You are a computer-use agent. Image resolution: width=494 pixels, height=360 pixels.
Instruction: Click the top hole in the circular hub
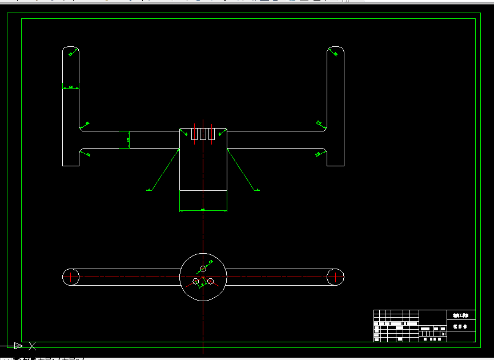[x=203, y=268]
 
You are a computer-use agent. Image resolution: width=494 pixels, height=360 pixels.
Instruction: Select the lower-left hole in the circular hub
[x=196, y=281]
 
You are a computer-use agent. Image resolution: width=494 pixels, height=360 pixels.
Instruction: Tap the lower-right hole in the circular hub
[x=211, y=281]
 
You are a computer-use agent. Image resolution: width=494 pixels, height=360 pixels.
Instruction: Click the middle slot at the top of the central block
[x=203, y=134]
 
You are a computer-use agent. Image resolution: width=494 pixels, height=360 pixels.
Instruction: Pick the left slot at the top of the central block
[x=194, y=134]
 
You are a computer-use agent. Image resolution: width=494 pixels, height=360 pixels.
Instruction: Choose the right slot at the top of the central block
[x=211, y=134]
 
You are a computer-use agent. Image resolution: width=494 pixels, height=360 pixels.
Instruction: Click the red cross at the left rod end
[x=71, y=277]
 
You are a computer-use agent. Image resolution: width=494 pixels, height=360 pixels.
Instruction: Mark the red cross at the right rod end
[x=335, y=277]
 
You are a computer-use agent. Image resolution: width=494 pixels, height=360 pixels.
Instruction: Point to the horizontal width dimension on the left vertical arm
[x=71, y=87]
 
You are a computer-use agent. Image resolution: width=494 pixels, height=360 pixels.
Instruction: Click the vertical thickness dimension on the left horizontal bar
[x=129, y=139]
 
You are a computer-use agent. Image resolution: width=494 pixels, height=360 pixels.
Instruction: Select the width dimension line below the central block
[x=203, y=210]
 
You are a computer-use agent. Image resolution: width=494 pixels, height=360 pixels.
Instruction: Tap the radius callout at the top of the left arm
[x=72, y=54]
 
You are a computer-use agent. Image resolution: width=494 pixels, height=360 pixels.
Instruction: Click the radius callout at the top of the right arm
[x=335, y=54]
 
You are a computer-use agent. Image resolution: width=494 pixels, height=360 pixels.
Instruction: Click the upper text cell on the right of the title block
[x=460, y=315]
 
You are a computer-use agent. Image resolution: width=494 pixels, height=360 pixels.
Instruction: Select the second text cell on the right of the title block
[x=460, y=327]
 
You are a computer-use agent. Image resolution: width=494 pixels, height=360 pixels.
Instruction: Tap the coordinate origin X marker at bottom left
[x=33, y=345]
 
